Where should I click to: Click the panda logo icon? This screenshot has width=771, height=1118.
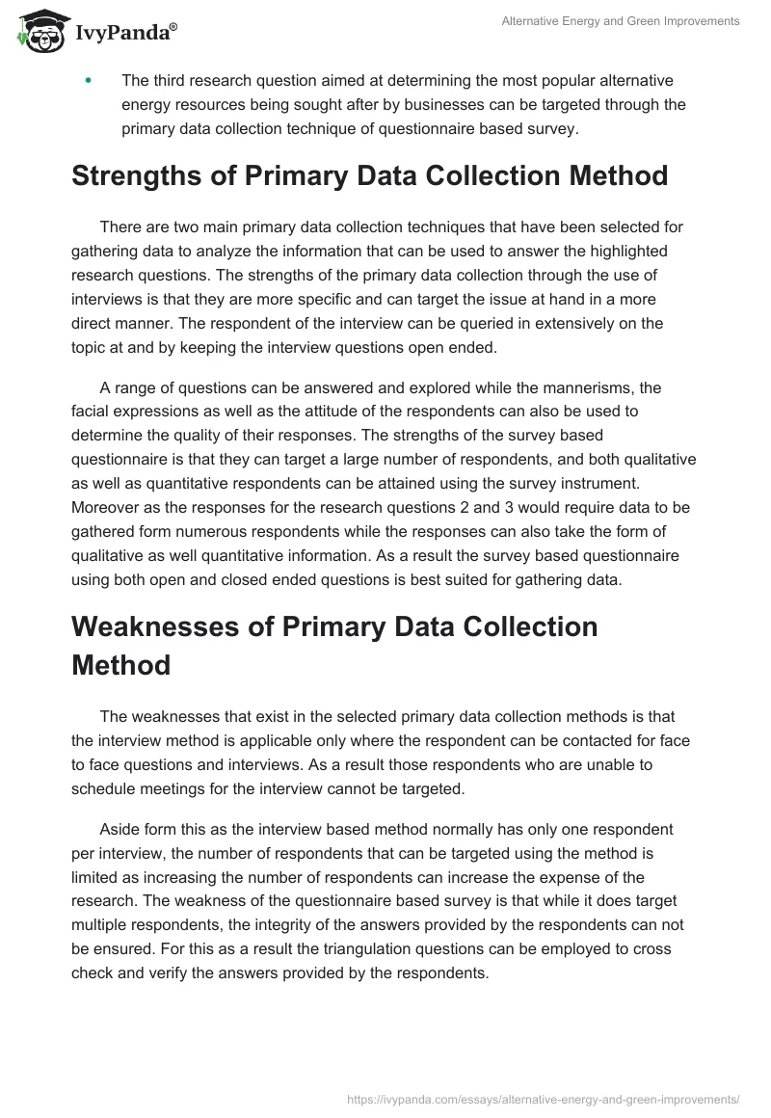40,32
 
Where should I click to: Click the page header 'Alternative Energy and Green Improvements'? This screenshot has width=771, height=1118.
621,21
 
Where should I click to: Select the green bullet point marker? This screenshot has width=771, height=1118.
89,81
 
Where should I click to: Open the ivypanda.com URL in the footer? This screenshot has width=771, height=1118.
544,1098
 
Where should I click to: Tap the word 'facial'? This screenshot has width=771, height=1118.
93,411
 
